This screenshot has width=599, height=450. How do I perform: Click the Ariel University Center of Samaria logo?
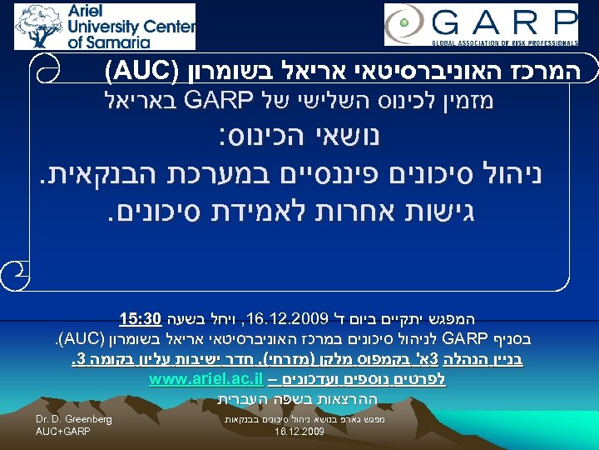[105, 26]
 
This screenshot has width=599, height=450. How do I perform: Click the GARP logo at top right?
[480, 26]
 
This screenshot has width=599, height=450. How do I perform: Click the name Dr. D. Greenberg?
[74, 419]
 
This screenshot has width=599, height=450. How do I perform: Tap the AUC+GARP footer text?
[62, 432]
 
